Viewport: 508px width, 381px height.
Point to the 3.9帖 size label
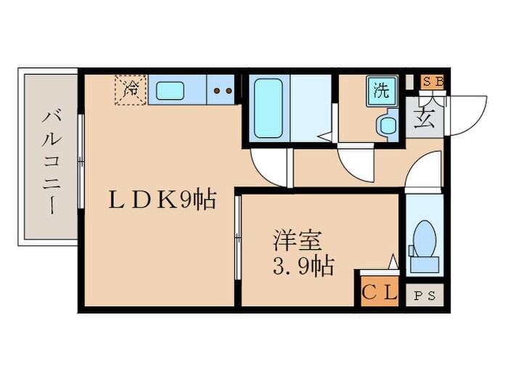(x=303, y=266)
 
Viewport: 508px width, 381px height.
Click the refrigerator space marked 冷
(x=131, y=90)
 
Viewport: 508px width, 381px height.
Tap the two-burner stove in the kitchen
(x=222, y=91)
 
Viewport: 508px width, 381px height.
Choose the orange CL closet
(x=380, y=294)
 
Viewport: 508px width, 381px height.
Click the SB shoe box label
(x=433, y=81)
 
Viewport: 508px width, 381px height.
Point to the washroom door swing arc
(x=356, y=165)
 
